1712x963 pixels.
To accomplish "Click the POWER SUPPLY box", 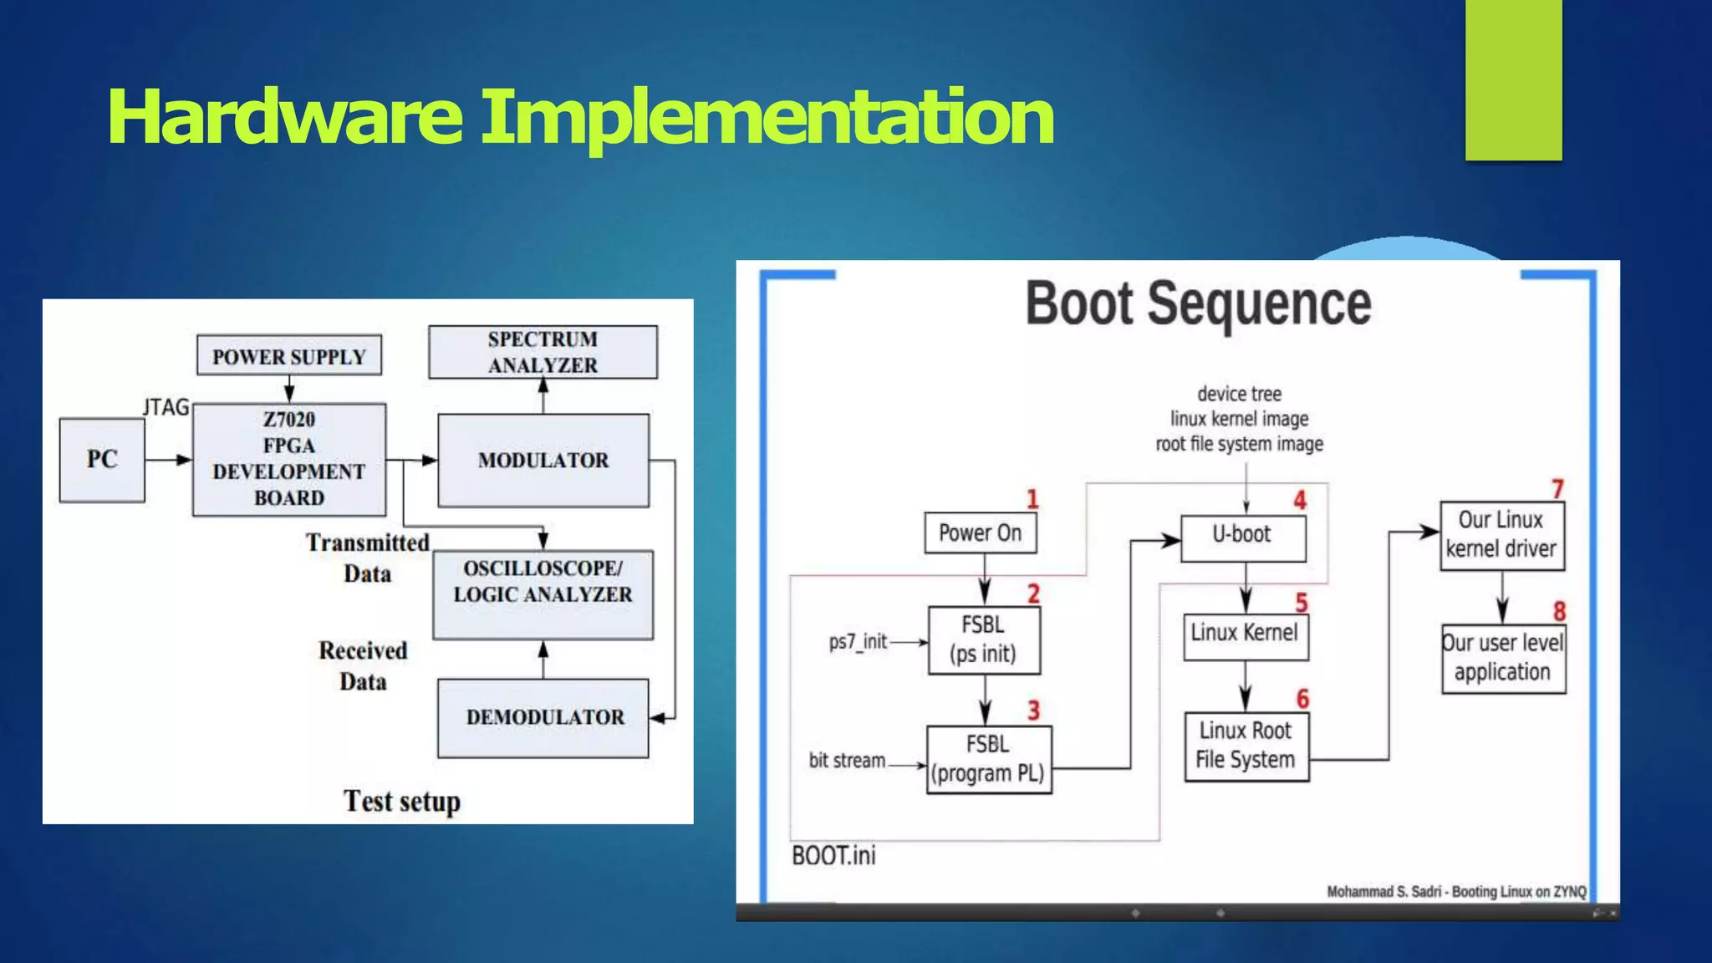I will (288, 356).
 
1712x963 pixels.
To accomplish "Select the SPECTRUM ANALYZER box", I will (543, 352).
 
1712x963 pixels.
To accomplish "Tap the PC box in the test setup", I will (102, 460).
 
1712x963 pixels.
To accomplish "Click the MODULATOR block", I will (543, 461).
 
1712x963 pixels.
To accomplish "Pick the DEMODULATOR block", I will (543, 717).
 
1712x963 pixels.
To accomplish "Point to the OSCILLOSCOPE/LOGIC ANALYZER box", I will (543, 594).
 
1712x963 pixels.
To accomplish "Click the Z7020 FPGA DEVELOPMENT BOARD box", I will (289, 459).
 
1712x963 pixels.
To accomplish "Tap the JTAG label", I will (166, 407).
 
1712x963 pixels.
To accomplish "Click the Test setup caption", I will (401, 801).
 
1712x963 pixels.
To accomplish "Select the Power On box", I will (980, 533).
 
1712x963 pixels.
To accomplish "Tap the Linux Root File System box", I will (1246, 746).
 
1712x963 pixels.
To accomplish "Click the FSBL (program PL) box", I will (988, 759).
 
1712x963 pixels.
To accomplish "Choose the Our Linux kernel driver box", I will (1501, 535).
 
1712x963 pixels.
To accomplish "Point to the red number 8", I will (1559, 611).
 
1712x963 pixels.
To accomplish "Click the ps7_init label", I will (858, 641).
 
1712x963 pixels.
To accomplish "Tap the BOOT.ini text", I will (833, 855).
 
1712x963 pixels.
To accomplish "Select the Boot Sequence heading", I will (1198, 303).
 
